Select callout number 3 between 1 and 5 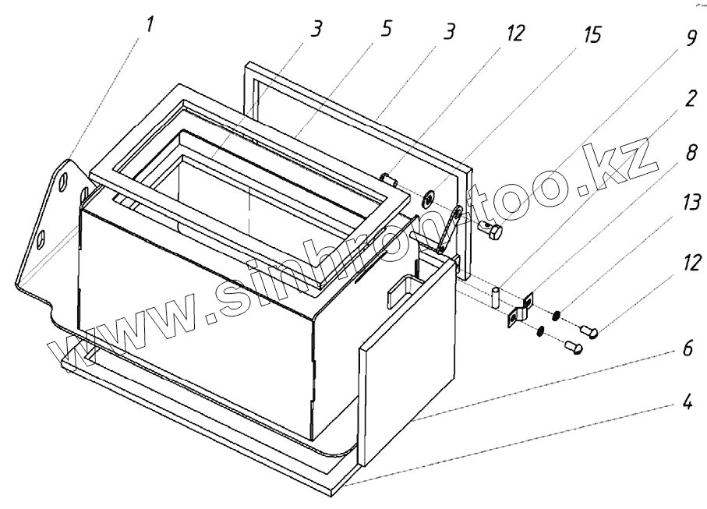coord(316,30)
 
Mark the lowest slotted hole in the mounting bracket coord(43,235)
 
